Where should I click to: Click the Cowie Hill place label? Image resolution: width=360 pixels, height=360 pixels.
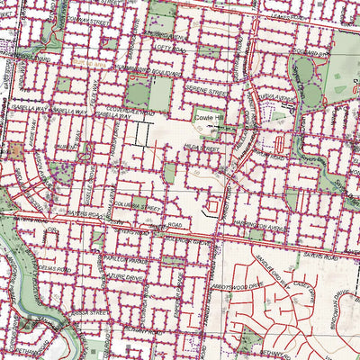(x=212, y=116)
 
